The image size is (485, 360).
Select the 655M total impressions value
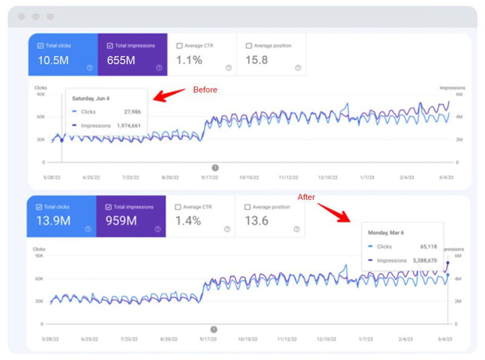121,61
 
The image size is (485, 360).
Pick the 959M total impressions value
121,221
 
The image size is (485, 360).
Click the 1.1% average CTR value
189,61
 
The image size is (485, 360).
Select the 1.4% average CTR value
188,221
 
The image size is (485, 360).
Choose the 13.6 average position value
256,221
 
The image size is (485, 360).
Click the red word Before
205,90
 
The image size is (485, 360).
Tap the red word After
306,197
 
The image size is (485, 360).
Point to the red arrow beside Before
169,94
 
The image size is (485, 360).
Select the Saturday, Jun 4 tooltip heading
92,98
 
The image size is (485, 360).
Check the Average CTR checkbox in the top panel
179,45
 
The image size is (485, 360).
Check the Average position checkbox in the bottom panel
249,207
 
